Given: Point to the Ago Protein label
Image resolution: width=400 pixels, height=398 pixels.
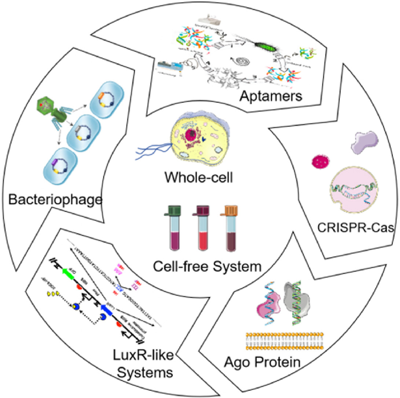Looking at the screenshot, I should [x=262, y=362].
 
